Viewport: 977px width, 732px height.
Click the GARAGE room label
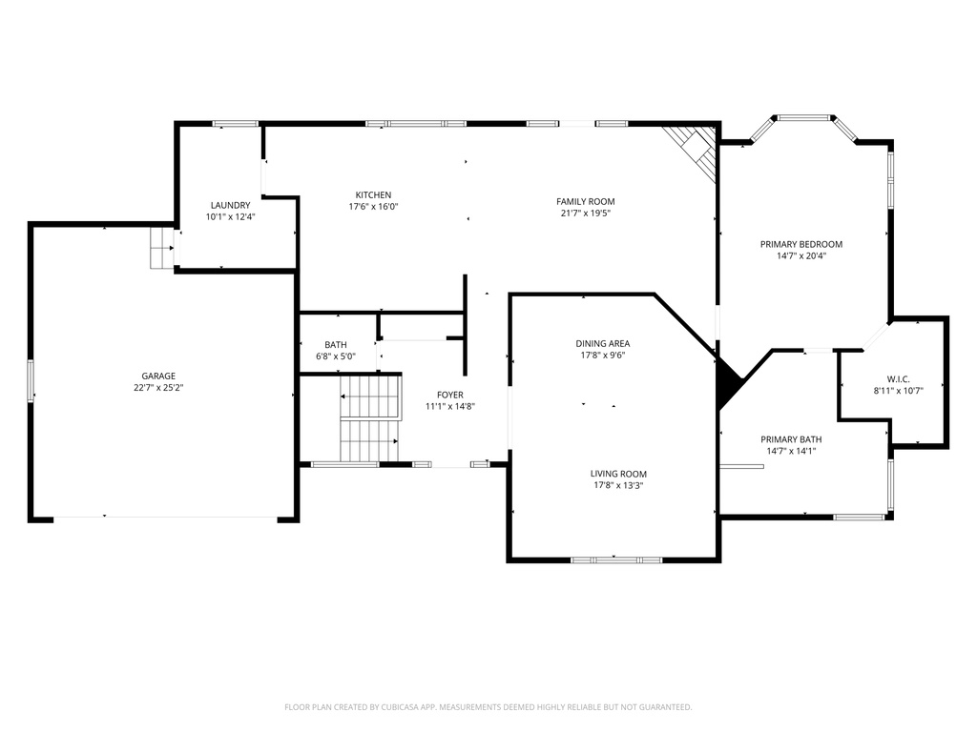(x=158, y=376)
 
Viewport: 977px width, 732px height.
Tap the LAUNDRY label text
(x=231, y=206)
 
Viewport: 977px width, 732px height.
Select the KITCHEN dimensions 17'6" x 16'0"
(x=373, y=207)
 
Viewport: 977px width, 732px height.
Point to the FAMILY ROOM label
(x=586, y=202)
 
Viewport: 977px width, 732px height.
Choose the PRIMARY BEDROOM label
(x=801, y=245)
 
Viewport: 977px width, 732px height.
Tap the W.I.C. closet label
(x=899, y=379)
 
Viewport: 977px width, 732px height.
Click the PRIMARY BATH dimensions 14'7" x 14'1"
(x=791, y=451)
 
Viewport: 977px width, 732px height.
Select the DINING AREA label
(x=603, y=343)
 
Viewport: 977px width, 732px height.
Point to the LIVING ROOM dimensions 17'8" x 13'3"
(x=618, y=485)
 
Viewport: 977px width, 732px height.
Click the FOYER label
(x=450, y=396)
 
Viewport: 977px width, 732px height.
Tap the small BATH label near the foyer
(x=336, y=345)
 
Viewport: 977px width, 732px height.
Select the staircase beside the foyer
(x=369, y=418)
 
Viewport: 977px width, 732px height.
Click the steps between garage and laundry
(x=161, y=248)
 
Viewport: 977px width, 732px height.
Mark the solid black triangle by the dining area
(x=729, y=382)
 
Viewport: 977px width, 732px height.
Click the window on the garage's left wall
(x=31, y=381)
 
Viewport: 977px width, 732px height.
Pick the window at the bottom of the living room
(x=617, y=560)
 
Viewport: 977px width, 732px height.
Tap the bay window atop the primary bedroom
(x=804, y=129)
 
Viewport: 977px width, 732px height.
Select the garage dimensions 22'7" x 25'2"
(x=158, y=388)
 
